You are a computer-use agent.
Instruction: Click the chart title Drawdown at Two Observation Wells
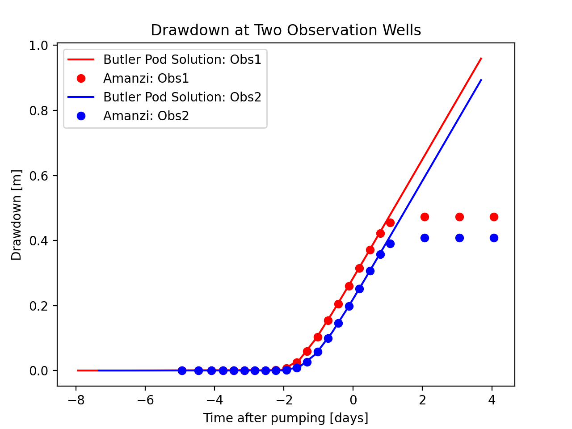tap(286, 30)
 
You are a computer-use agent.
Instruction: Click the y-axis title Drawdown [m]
tap(17, 215)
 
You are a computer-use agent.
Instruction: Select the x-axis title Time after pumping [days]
tap(286, 418)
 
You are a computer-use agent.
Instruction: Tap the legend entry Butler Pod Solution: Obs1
tap(182, 59)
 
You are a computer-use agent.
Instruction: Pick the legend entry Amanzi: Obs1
tap(146, 78)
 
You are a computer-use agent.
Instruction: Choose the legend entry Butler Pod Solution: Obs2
tap(182, 97)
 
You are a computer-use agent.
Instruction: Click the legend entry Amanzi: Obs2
tap(146, 116)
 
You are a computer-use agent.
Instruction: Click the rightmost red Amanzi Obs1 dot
tap(494, 217)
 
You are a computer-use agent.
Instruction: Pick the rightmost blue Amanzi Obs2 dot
tap(494, 238)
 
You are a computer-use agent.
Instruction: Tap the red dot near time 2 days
tap(425, 217)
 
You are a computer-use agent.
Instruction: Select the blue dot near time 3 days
tap(459, 238)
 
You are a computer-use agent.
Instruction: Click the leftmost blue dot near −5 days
tap(182, 370)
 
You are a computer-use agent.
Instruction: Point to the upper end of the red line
tap(481, 58)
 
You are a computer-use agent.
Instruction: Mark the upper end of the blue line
tap(481, 80)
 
